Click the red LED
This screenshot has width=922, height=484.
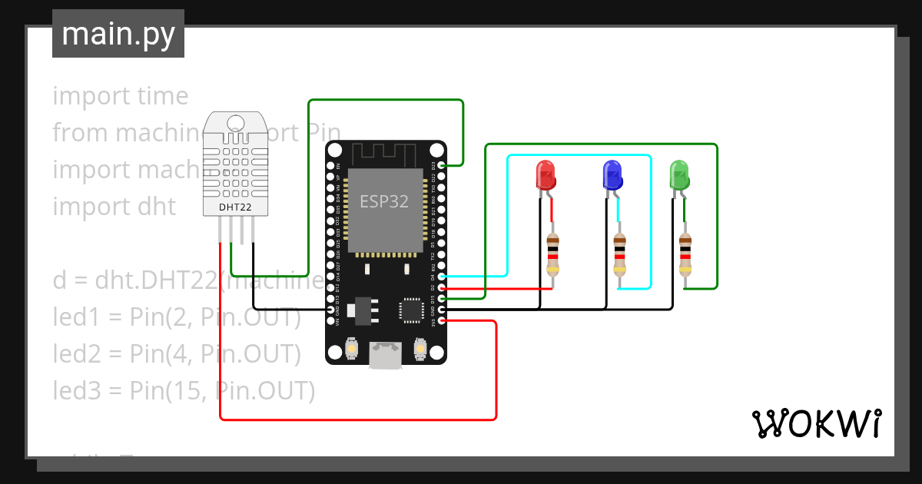pos(546,175)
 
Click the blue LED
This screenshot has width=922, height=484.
pos(612,175)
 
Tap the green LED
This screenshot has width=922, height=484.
pos(679,174)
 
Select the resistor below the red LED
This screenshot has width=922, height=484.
pos(552,255)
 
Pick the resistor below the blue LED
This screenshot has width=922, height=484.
pos(619,255)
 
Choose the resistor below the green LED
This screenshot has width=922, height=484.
pos(685,255)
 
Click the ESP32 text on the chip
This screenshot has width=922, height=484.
pos(384,201)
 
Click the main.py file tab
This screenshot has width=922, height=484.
pos(118,34)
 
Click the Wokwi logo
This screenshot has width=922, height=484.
pos(816,423)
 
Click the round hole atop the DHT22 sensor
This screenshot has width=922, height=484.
pos(235,122)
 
